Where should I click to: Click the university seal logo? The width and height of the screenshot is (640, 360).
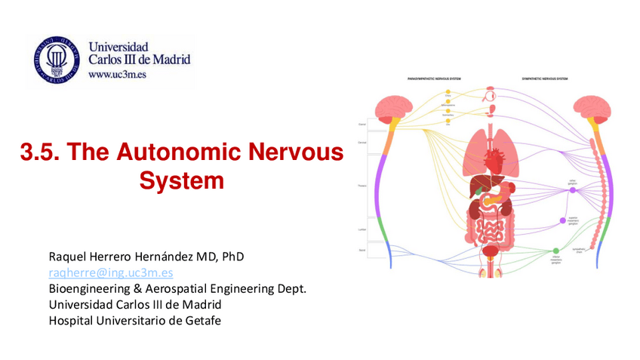[x=57, y=58]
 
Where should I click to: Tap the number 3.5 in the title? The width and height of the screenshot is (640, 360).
[x=38, y=152]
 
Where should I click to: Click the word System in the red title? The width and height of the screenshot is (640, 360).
[x=182, y=181]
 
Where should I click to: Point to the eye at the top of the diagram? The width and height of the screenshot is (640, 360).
[x=492, y=95]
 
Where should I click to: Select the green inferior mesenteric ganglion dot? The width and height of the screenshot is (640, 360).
[x=556, y=251]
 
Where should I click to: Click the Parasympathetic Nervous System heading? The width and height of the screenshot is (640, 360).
[x=434, y=78]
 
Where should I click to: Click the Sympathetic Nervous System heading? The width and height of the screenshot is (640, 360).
[x=544, y=78]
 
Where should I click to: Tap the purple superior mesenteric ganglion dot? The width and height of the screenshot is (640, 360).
[x=563, y=220]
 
